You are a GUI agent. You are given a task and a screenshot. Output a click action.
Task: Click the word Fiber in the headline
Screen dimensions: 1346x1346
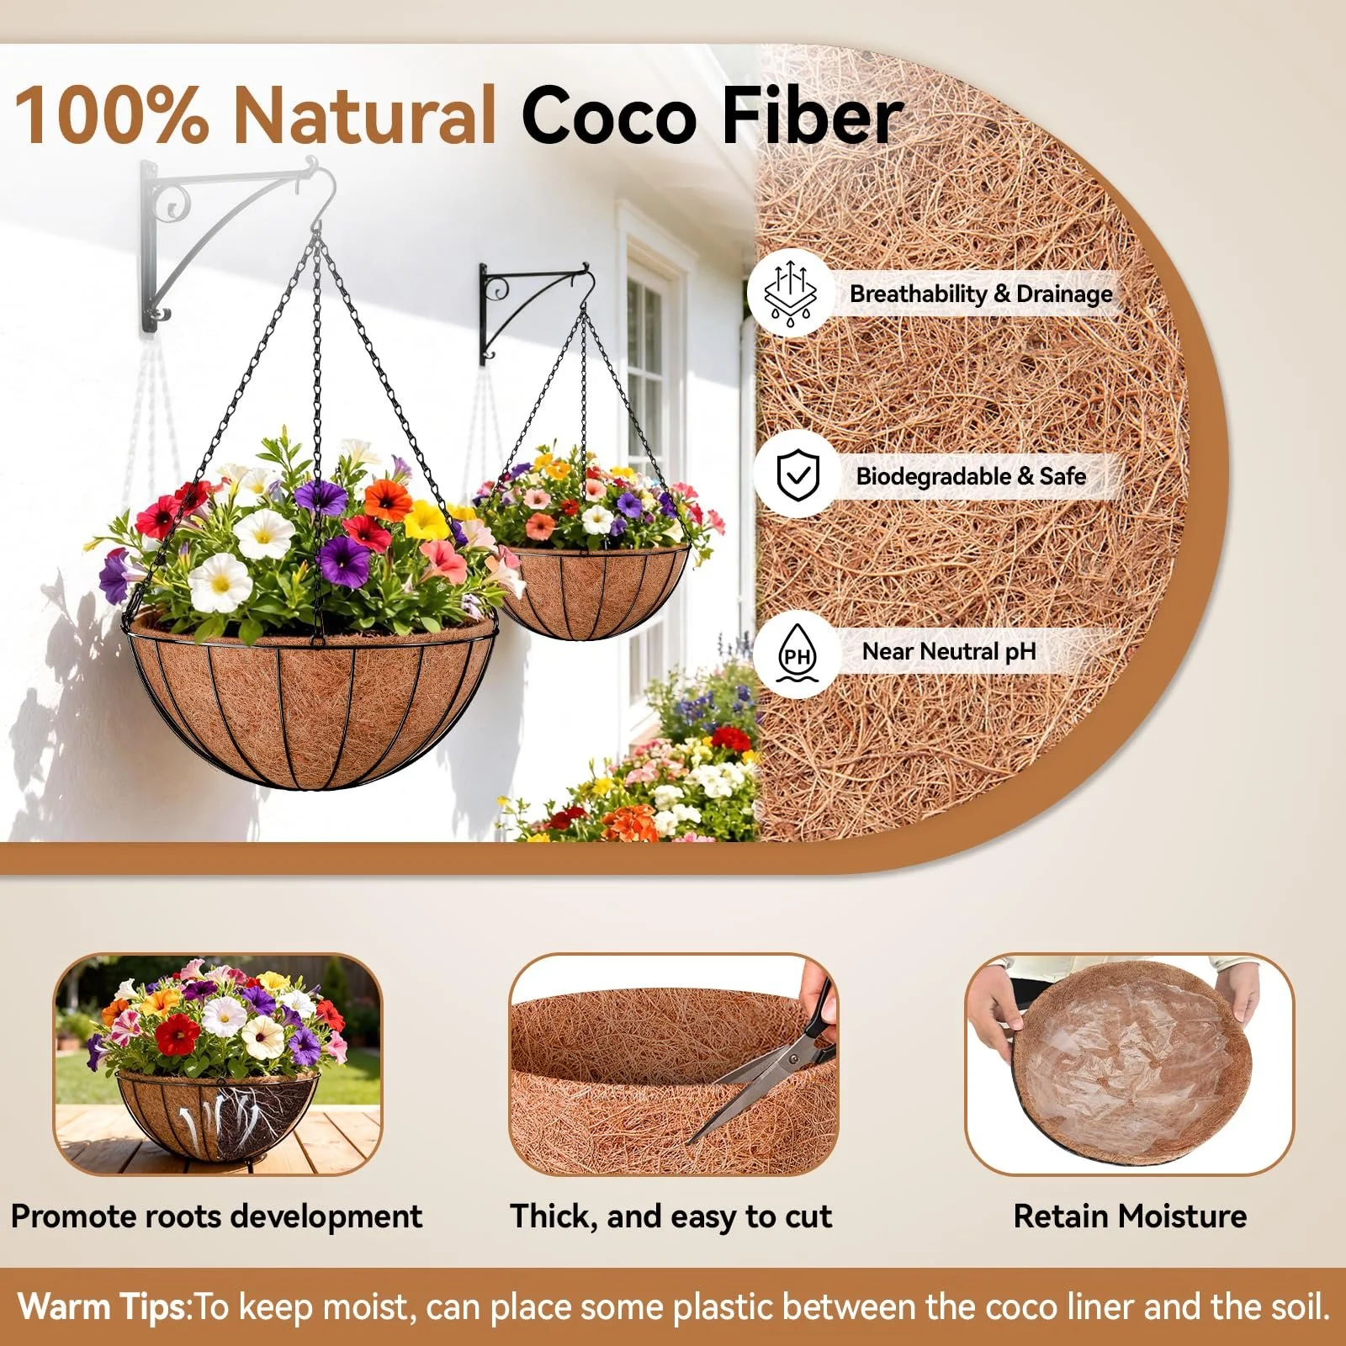(x=812, y=114)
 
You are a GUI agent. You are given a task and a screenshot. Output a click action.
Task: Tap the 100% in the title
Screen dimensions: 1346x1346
(x=111, y=114)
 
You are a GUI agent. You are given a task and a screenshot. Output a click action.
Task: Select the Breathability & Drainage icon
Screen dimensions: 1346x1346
(x=790, y=294)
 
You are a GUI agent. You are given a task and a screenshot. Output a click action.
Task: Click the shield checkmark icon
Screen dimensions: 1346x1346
(x=798, y=475)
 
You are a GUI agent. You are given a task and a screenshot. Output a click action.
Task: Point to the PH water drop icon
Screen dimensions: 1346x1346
(x=797, y=653)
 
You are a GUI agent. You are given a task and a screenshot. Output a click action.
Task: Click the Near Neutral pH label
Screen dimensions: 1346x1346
(x=949, y=652)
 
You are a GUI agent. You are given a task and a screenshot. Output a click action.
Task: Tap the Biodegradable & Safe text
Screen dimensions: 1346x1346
(x=971, y=476)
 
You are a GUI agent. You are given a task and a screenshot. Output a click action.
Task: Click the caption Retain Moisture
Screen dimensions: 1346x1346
(x=1130, y=1216)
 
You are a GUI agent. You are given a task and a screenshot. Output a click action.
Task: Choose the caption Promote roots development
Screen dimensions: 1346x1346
(x=216, y=1217)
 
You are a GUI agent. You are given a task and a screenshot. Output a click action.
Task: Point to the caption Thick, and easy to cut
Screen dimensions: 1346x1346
(x=670, y=1217)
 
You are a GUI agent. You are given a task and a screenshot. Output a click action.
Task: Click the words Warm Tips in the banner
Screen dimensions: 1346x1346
(x=104, y=1306)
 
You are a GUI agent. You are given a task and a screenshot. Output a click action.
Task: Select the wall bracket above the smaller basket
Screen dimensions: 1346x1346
(x=530, y=307)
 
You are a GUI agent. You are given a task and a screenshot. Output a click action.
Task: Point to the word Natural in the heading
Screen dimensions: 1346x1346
(x=365, y=114)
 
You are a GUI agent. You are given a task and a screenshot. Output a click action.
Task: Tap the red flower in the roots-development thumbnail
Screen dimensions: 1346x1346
(x=178, y=1034)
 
